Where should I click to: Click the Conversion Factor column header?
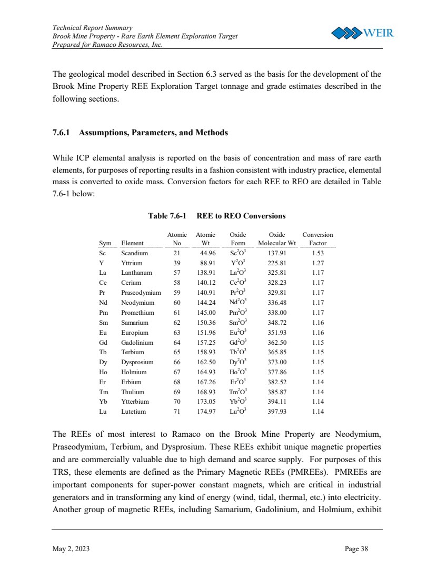(x=317, y=239)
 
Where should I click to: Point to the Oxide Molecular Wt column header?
(x=277, y=239)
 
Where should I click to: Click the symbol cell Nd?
(x=103, y=303)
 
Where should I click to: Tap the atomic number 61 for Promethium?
(x=177, y=313)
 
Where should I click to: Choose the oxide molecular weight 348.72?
(x=277, y=323)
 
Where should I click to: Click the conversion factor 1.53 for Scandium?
(x=317, y=253)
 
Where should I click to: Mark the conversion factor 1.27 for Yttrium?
(x=317, y=263)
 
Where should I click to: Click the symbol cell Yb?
(x=103, y=402)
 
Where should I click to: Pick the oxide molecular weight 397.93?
(x=277, y=412)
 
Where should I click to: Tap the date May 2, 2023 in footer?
(x=71, y=549)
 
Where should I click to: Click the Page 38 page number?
(x=356, y=549)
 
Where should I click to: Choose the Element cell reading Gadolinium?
(x=137, y=342)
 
